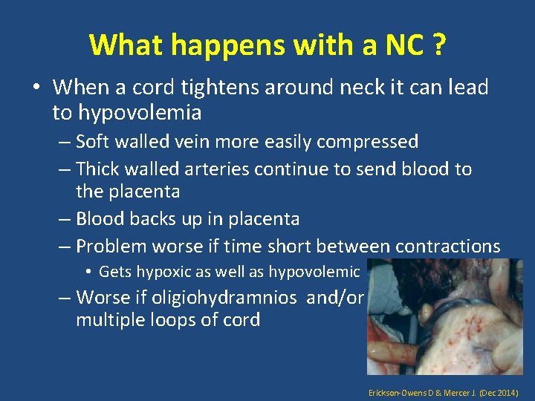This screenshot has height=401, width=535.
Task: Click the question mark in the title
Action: pos(438,45)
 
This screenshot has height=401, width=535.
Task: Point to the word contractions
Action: pos(449,246)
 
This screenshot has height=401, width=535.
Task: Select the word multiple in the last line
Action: pos(108,321)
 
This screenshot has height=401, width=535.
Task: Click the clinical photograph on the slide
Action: pos(444,316)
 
